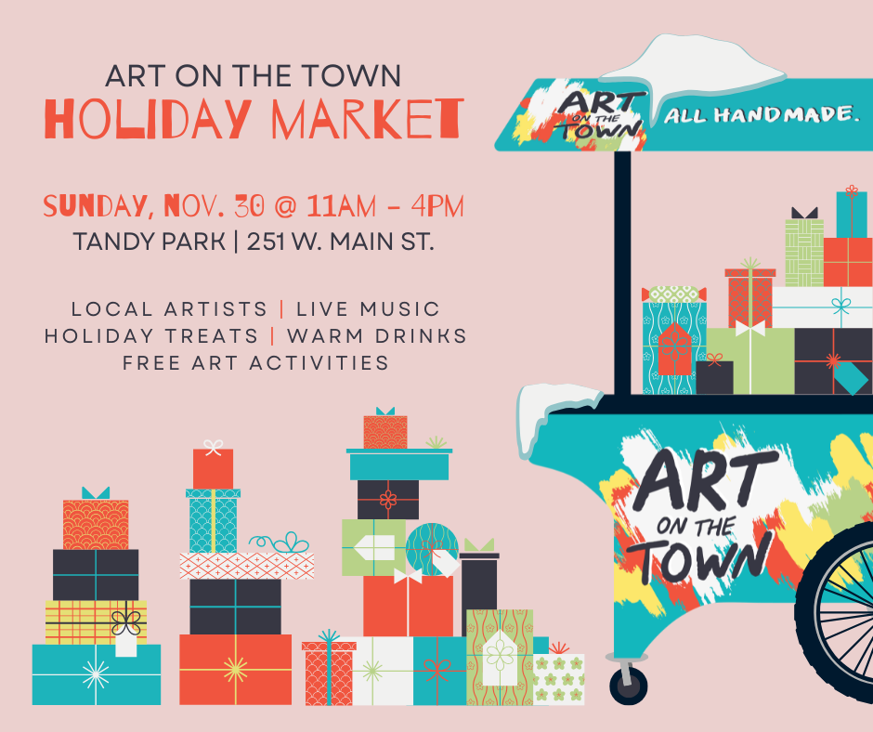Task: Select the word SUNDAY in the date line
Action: coord(99,204)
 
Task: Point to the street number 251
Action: coord(271,242)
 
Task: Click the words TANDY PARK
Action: coord(149,242)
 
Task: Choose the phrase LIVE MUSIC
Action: coord(374,308)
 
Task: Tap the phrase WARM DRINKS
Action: coord(377,335)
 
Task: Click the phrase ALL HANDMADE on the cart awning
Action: coord(758,116)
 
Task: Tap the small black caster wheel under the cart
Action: coord(627,686)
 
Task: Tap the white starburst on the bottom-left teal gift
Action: coord(96,674)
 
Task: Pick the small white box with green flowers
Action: coord(559,679)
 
